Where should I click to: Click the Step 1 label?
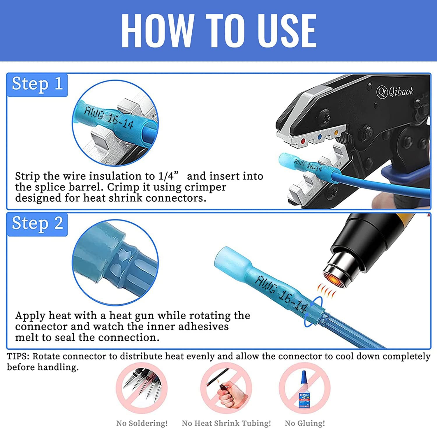coord(37,84)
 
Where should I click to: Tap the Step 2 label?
coord(37,224)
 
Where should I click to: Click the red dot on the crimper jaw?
coord(303,142)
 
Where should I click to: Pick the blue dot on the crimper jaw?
coord(320,136)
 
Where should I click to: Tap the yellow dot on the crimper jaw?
coord(336,133)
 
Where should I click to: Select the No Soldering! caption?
coord(142,423)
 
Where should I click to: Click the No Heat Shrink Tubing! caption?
coord(226,423)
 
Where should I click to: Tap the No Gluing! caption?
coord(305,423)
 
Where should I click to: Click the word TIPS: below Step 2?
coord(18,356)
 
